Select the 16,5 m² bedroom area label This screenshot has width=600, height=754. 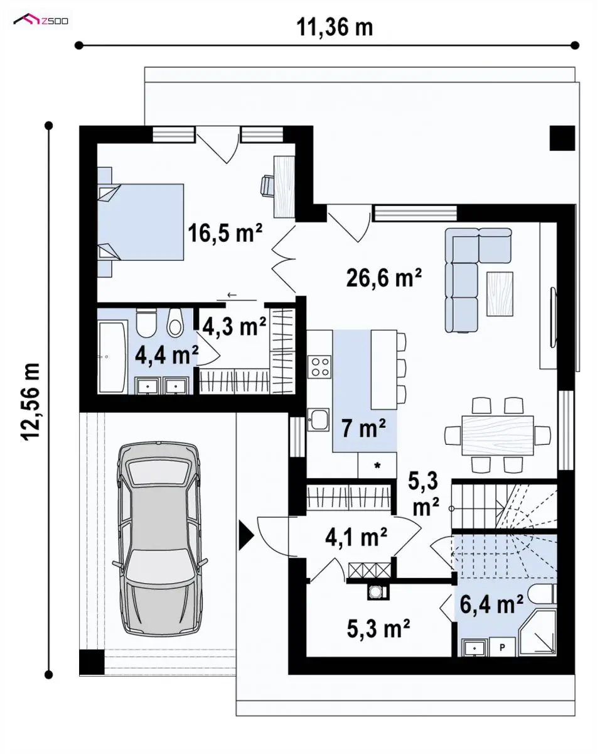click(225, 233)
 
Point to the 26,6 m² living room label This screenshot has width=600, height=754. click(383, 278)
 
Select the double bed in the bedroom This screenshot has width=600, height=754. click(141, 222)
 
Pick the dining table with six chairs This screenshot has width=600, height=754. click(498, 435)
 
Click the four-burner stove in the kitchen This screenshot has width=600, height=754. click(319, 366)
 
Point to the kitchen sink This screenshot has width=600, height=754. click(318, 420)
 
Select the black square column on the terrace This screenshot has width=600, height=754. click(562, 138)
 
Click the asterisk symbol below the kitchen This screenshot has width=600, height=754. click(377, 466)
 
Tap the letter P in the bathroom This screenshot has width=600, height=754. click(502, 647)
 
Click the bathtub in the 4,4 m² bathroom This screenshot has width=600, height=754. click(112, 358)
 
